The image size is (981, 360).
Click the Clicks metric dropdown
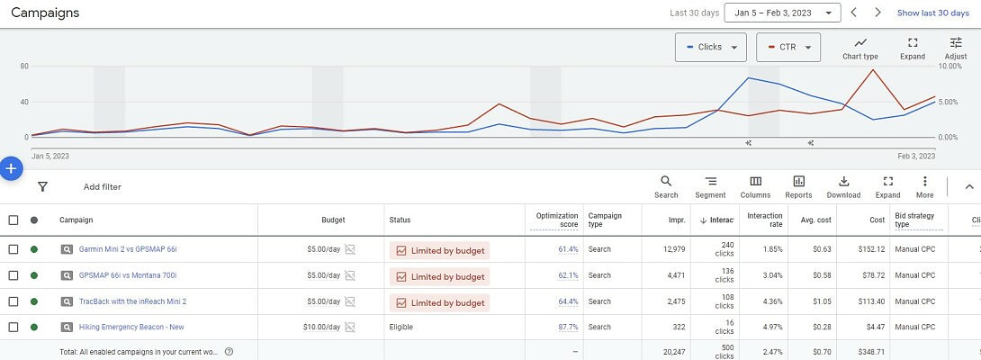click(710, 48)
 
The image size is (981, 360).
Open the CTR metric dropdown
click(787, 48)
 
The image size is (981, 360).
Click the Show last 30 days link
click(932, 13)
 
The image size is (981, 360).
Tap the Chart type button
click(859, 49)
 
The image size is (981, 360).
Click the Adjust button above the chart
click(955, 49)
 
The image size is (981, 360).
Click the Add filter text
click(102, 187)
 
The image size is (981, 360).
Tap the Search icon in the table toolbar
click(666, 187)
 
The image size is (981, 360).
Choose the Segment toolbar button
click(710, 187)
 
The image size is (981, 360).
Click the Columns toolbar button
click(755, 187)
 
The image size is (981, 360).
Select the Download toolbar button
click(843, 187)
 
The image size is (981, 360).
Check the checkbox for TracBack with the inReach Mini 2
click(13, 301)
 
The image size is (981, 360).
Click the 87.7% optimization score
click(568, 328)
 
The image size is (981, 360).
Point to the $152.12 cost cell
click(871, 249)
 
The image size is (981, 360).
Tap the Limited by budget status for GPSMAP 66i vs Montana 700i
click(439, 276)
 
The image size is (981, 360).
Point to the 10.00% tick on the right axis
click(952, 67)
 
